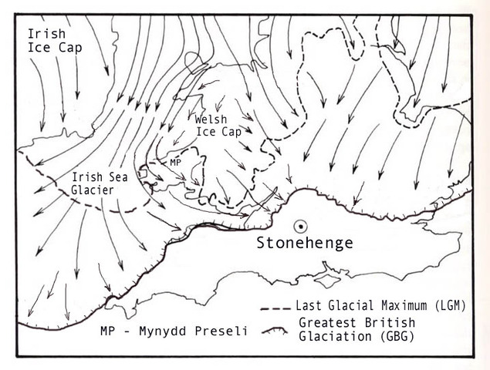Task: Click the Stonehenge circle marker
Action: [300, 226]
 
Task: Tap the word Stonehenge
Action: [305, 244]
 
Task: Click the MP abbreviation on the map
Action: [175, 163]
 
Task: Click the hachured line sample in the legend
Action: [277, 331]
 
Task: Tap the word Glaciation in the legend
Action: [333, 337]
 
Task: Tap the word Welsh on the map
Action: [211, 119]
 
